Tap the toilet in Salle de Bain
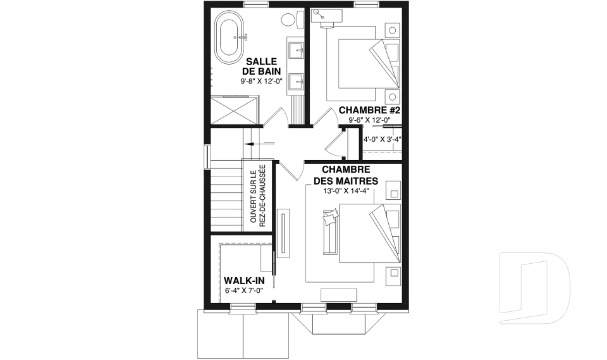point(292,19)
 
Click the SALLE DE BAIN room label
point(261,66)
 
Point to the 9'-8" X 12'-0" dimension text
point(261,81)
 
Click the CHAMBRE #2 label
point(369,110)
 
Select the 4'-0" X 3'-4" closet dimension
point(382,139)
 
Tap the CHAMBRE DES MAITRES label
point(346,175)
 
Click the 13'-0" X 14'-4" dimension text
point(346,190)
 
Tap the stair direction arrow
point(259,144)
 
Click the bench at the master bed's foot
point(330,232)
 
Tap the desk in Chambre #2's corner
point(326,16)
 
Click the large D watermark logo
point(535,287)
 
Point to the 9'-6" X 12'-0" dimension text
point(369,120)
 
